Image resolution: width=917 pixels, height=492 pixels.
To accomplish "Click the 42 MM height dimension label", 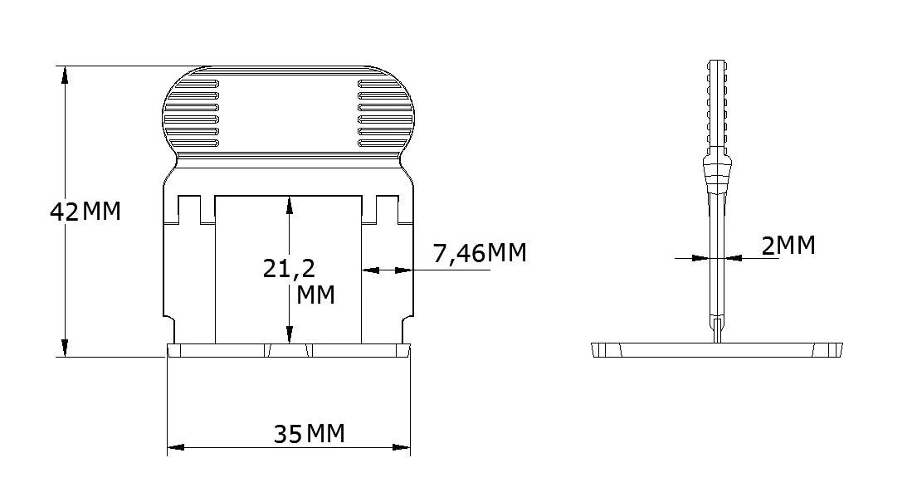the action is pos(85,212).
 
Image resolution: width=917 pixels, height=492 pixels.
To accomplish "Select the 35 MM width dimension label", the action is pos(310,434).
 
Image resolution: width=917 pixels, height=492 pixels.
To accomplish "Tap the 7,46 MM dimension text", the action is pos(480,253).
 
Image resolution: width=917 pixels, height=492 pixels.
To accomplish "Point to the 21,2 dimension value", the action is pos(289,269).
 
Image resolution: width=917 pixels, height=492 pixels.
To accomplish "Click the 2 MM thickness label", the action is pos(788,246).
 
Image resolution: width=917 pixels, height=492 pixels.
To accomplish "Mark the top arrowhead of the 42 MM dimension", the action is pos(65,76).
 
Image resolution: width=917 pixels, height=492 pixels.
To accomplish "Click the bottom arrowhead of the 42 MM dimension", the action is pos(65,348).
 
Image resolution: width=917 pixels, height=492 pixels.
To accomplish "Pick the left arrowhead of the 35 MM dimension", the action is pos(176,447).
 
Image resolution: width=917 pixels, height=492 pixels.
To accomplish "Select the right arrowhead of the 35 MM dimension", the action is pos(401,447).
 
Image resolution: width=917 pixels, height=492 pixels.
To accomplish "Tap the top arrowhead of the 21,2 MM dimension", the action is pos(289,206).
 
